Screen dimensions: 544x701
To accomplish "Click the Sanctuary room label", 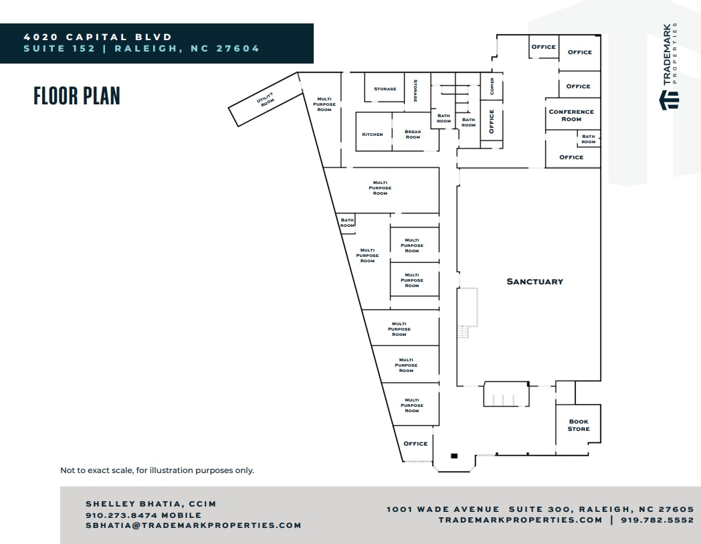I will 534,282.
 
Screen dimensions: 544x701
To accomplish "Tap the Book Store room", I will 579,426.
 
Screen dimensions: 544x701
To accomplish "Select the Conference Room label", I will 571,115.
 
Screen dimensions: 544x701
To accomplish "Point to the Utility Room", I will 266,101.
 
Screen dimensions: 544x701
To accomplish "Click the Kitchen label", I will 373,134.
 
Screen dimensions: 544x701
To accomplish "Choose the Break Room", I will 413,134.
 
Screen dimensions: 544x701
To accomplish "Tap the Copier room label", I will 492,86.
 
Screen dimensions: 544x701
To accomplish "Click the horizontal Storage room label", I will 385,89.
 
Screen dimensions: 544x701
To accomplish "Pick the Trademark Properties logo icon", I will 669,100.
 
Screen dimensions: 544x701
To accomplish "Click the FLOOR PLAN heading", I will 77,96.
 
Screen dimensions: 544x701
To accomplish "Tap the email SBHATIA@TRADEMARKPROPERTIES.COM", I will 193,525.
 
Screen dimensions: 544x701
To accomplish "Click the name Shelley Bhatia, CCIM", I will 151,504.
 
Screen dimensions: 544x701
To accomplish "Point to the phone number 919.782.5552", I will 658,520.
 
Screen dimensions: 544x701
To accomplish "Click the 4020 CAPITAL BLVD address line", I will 98,37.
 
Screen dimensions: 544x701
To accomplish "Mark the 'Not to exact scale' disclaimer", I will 157,470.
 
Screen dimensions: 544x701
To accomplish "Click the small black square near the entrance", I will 454,456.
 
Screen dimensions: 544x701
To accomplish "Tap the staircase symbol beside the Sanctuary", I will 464,332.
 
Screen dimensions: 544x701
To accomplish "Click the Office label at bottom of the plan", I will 415,444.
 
